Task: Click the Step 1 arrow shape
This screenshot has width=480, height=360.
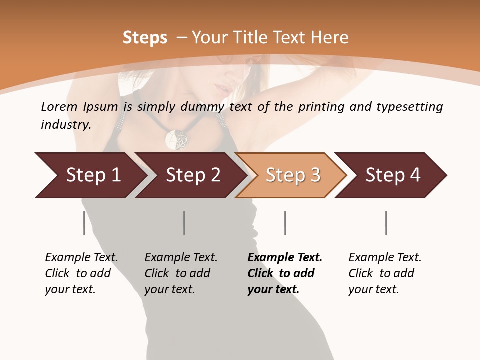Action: (x=90, y=175)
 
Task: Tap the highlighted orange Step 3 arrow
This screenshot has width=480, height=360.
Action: (x=292, y=175)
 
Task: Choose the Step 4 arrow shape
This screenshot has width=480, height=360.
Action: (x=392, y=175)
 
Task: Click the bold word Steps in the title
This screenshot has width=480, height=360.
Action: (x=145, y=38)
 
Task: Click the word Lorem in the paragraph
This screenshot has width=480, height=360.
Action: (x=59, y=107)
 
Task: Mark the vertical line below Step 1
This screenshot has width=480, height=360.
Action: (x=84, y=223)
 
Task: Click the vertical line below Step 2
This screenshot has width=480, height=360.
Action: (x=184, y=223)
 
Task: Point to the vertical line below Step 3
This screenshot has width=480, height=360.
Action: (x=285, y=223)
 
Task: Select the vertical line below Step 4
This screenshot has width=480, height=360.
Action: (x=386, y=223)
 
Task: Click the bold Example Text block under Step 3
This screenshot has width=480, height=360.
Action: (x=284, y=273)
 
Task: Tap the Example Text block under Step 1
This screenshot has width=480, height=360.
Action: (x=81, y=273)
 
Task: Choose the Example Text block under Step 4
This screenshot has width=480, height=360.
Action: (x=384, y=273)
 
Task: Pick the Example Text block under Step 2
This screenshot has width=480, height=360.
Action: (x=180, y=273)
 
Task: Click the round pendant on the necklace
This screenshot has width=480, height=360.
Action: (x=176, y=139)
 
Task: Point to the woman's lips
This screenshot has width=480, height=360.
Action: (x=220, y=90)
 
